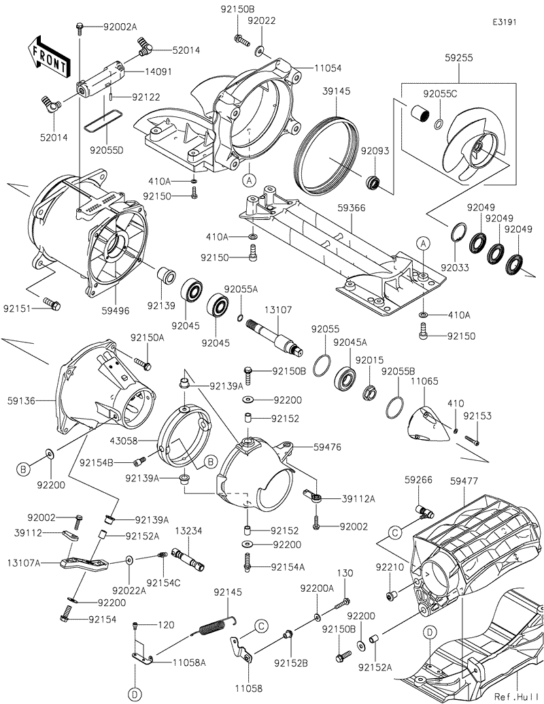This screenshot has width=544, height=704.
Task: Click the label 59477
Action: pos(464,481)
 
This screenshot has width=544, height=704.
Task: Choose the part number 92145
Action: pos(228,592)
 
